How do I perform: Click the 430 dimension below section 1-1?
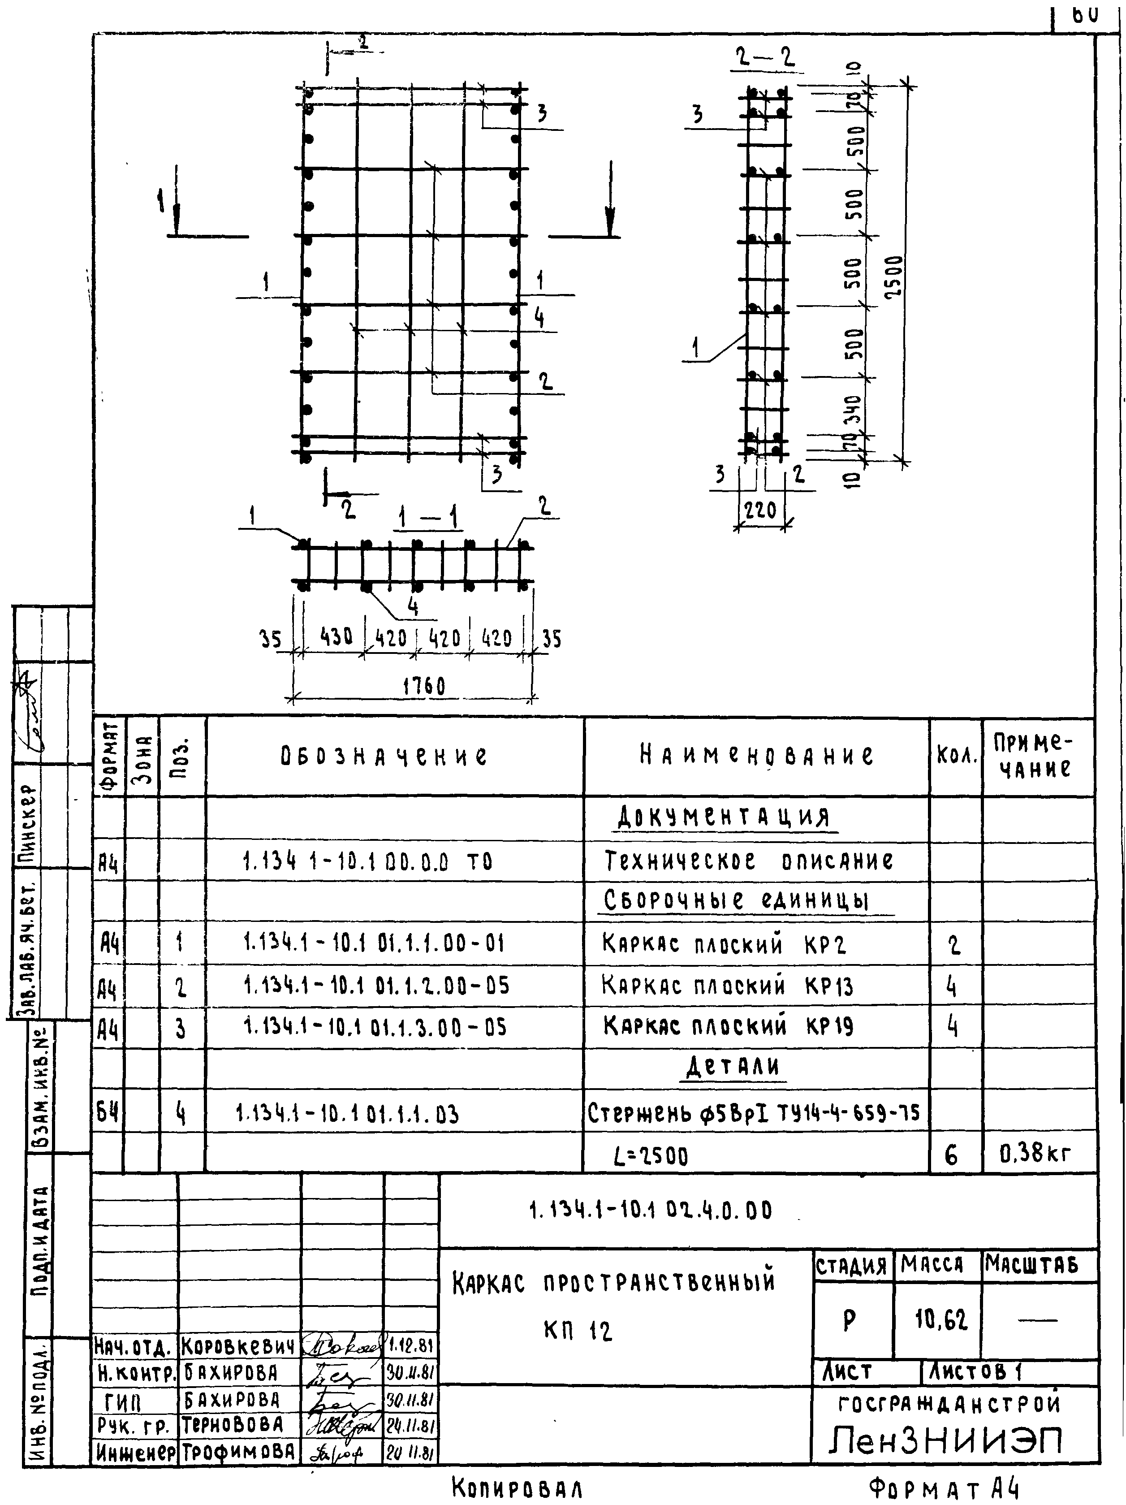coord(336,637)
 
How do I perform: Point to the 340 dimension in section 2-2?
coord(853,408)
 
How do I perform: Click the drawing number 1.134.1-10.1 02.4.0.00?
coord(651,1211)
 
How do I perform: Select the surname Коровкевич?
coord(237,1346)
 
